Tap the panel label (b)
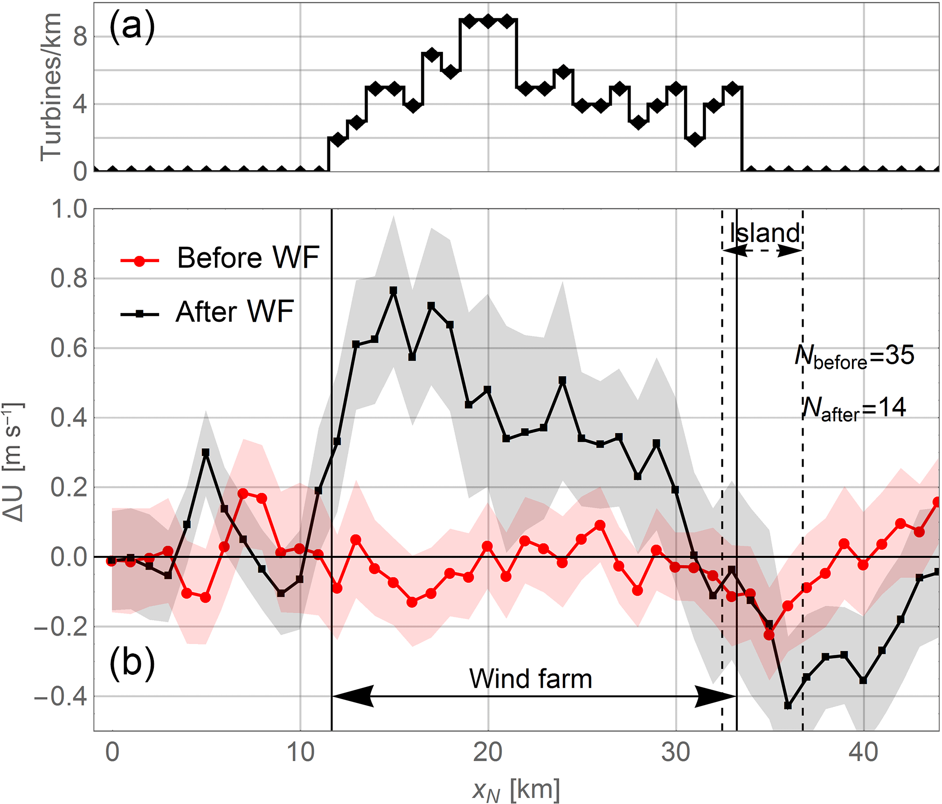pos(132,663)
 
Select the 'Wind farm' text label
pos(530,679)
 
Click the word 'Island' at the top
pos(764,233)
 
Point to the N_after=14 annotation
pos(854,409)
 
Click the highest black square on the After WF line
pos(394,291)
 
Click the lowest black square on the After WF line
pos(788,706)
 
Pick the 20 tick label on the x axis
pos(488,752)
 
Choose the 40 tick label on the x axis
pos(863,752)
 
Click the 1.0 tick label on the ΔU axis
pos(69,209)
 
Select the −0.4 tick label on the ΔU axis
pos(61,697)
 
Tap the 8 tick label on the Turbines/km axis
pos(80,36)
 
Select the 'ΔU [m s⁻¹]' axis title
pos(13,462)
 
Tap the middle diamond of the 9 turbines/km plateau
pos(488,21)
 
